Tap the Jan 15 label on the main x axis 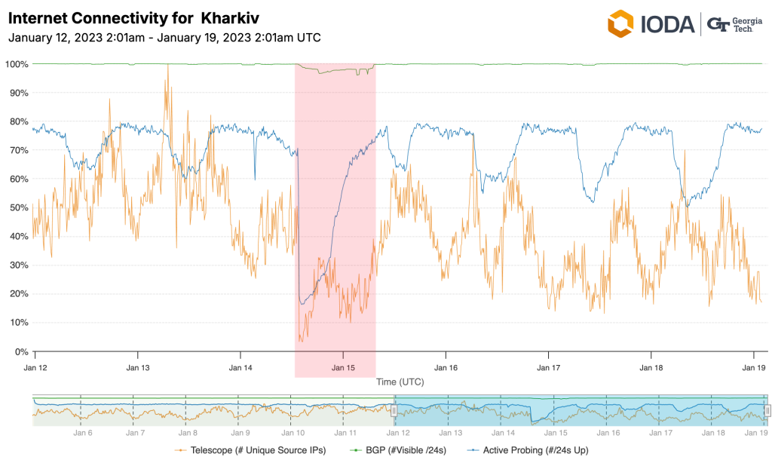[343, 368]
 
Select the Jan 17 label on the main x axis [549, 368]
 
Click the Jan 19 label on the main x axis [755, 368]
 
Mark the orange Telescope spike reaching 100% [167, 66]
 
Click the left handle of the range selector [393, 410]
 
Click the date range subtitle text [164, 37]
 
